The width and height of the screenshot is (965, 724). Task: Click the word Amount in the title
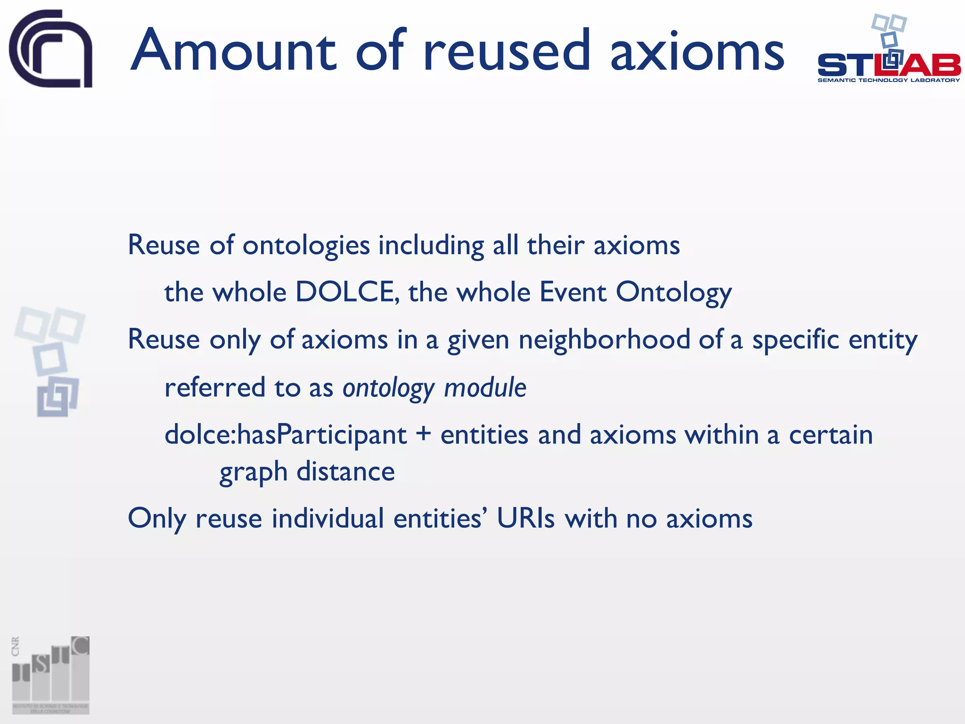click(233, 50)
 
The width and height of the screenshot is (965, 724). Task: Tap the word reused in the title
click(506, 50)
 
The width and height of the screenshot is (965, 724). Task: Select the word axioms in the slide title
click(697, 50)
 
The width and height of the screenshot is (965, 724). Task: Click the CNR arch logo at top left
click(51, 48)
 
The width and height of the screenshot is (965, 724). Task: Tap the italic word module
click(485, 387)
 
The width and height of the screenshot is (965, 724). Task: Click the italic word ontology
click(388, 388)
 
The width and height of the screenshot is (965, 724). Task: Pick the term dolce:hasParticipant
click(286, 434)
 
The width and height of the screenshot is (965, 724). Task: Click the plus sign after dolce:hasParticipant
click(424, 434)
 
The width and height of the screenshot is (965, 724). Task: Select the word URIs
click(526, 518)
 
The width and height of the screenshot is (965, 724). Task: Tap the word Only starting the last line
click(157, 518)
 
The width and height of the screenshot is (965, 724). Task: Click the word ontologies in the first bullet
click(306, 246)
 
